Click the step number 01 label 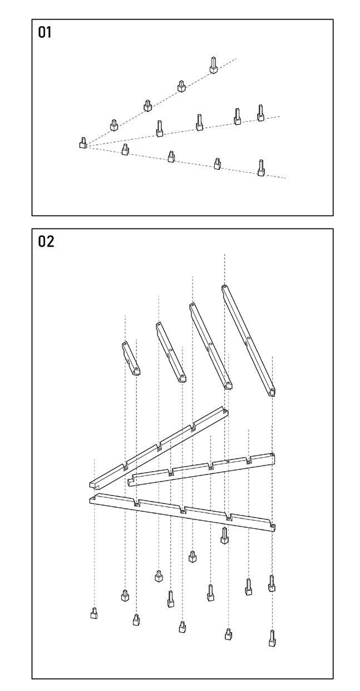click(44, 32)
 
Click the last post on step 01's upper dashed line click(214, 65)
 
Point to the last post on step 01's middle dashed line click(260, 112)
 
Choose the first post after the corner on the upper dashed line click(114, 125)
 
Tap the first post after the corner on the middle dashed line click(159, 129)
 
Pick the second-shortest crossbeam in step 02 click(170, 352)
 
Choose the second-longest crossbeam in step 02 click(210, 345)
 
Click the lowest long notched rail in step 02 click(184, 511)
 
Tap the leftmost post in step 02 click(94, 613)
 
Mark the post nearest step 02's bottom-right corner click(272, 638)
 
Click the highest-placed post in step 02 click(224, 535)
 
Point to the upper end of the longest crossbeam click(224, 288)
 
